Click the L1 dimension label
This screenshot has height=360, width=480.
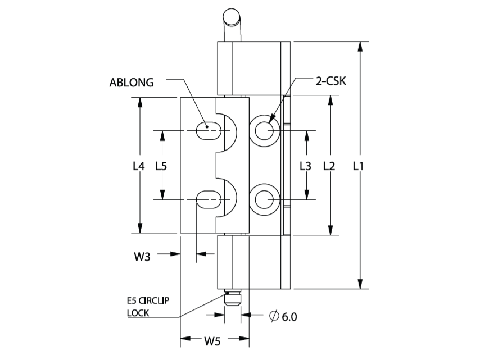point(358,166)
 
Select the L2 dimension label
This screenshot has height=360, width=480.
point(329,166)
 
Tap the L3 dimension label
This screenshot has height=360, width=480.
point(305,166)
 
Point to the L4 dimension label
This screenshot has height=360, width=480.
point(138,166)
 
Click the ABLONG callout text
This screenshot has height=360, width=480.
point(132,83)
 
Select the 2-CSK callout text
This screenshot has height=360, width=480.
point(331,81)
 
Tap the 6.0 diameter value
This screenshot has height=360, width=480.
point(289,317)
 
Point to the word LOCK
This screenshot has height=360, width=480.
point(138,313)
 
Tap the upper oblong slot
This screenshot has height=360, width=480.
point(208,130)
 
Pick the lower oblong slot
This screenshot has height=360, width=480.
point(208,199)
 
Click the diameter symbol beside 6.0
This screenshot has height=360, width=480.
point(274,316)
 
